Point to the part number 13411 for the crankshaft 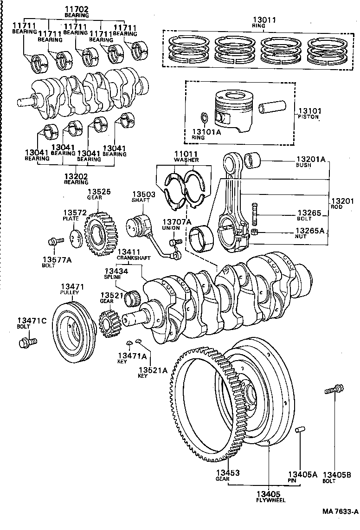point(129,251)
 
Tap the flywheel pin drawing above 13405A point(300,429)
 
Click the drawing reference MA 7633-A point(341,512)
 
